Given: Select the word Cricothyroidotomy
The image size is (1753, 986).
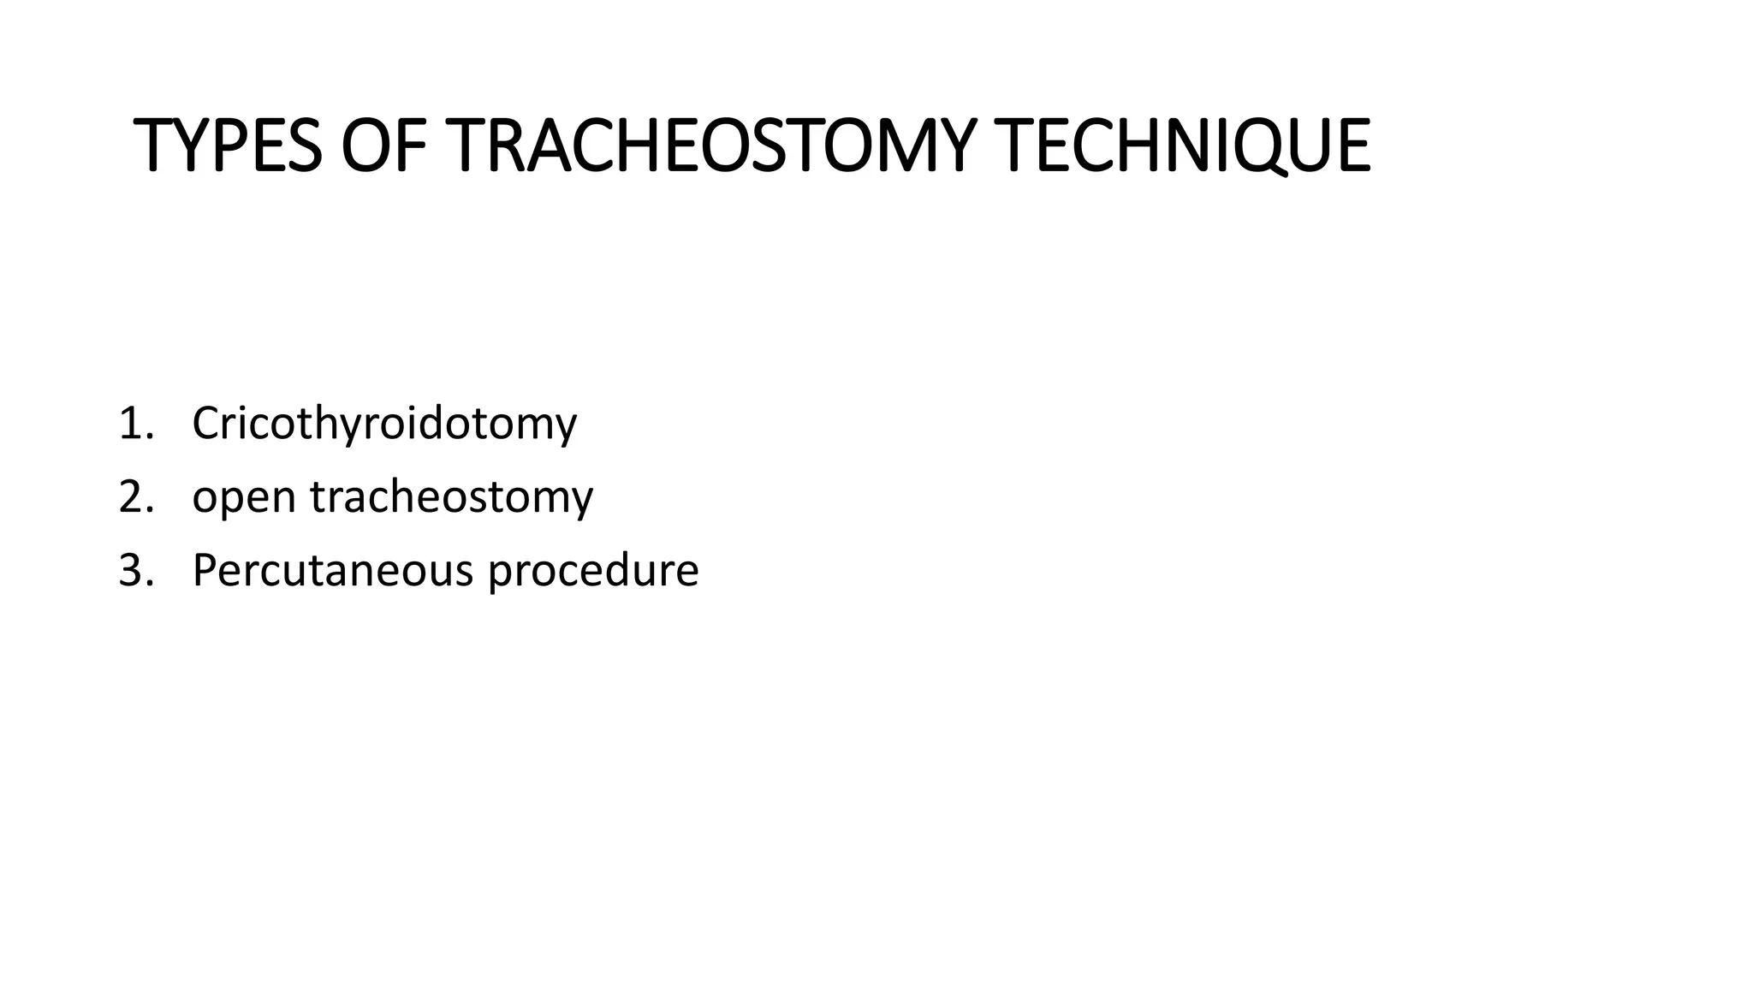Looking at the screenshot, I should (384, 424).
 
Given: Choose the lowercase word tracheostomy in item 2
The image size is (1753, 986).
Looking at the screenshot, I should (451, 497).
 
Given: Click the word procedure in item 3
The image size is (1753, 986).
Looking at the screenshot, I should (593, 571).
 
